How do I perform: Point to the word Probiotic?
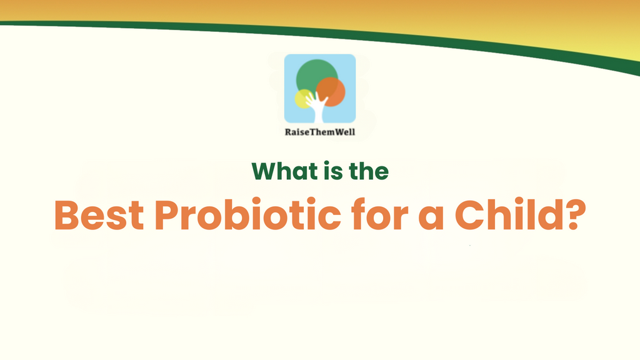(x=248, y=216)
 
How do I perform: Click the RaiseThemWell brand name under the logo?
(x=320, y=132)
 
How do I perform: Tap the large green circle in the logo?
(x=312, y=76)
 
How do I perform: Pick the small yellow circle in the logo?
(x=302, y=99)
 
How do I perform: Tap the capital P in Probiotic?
(x=167, y=216)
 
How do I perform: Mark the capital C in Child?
(x=475, y=216)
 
